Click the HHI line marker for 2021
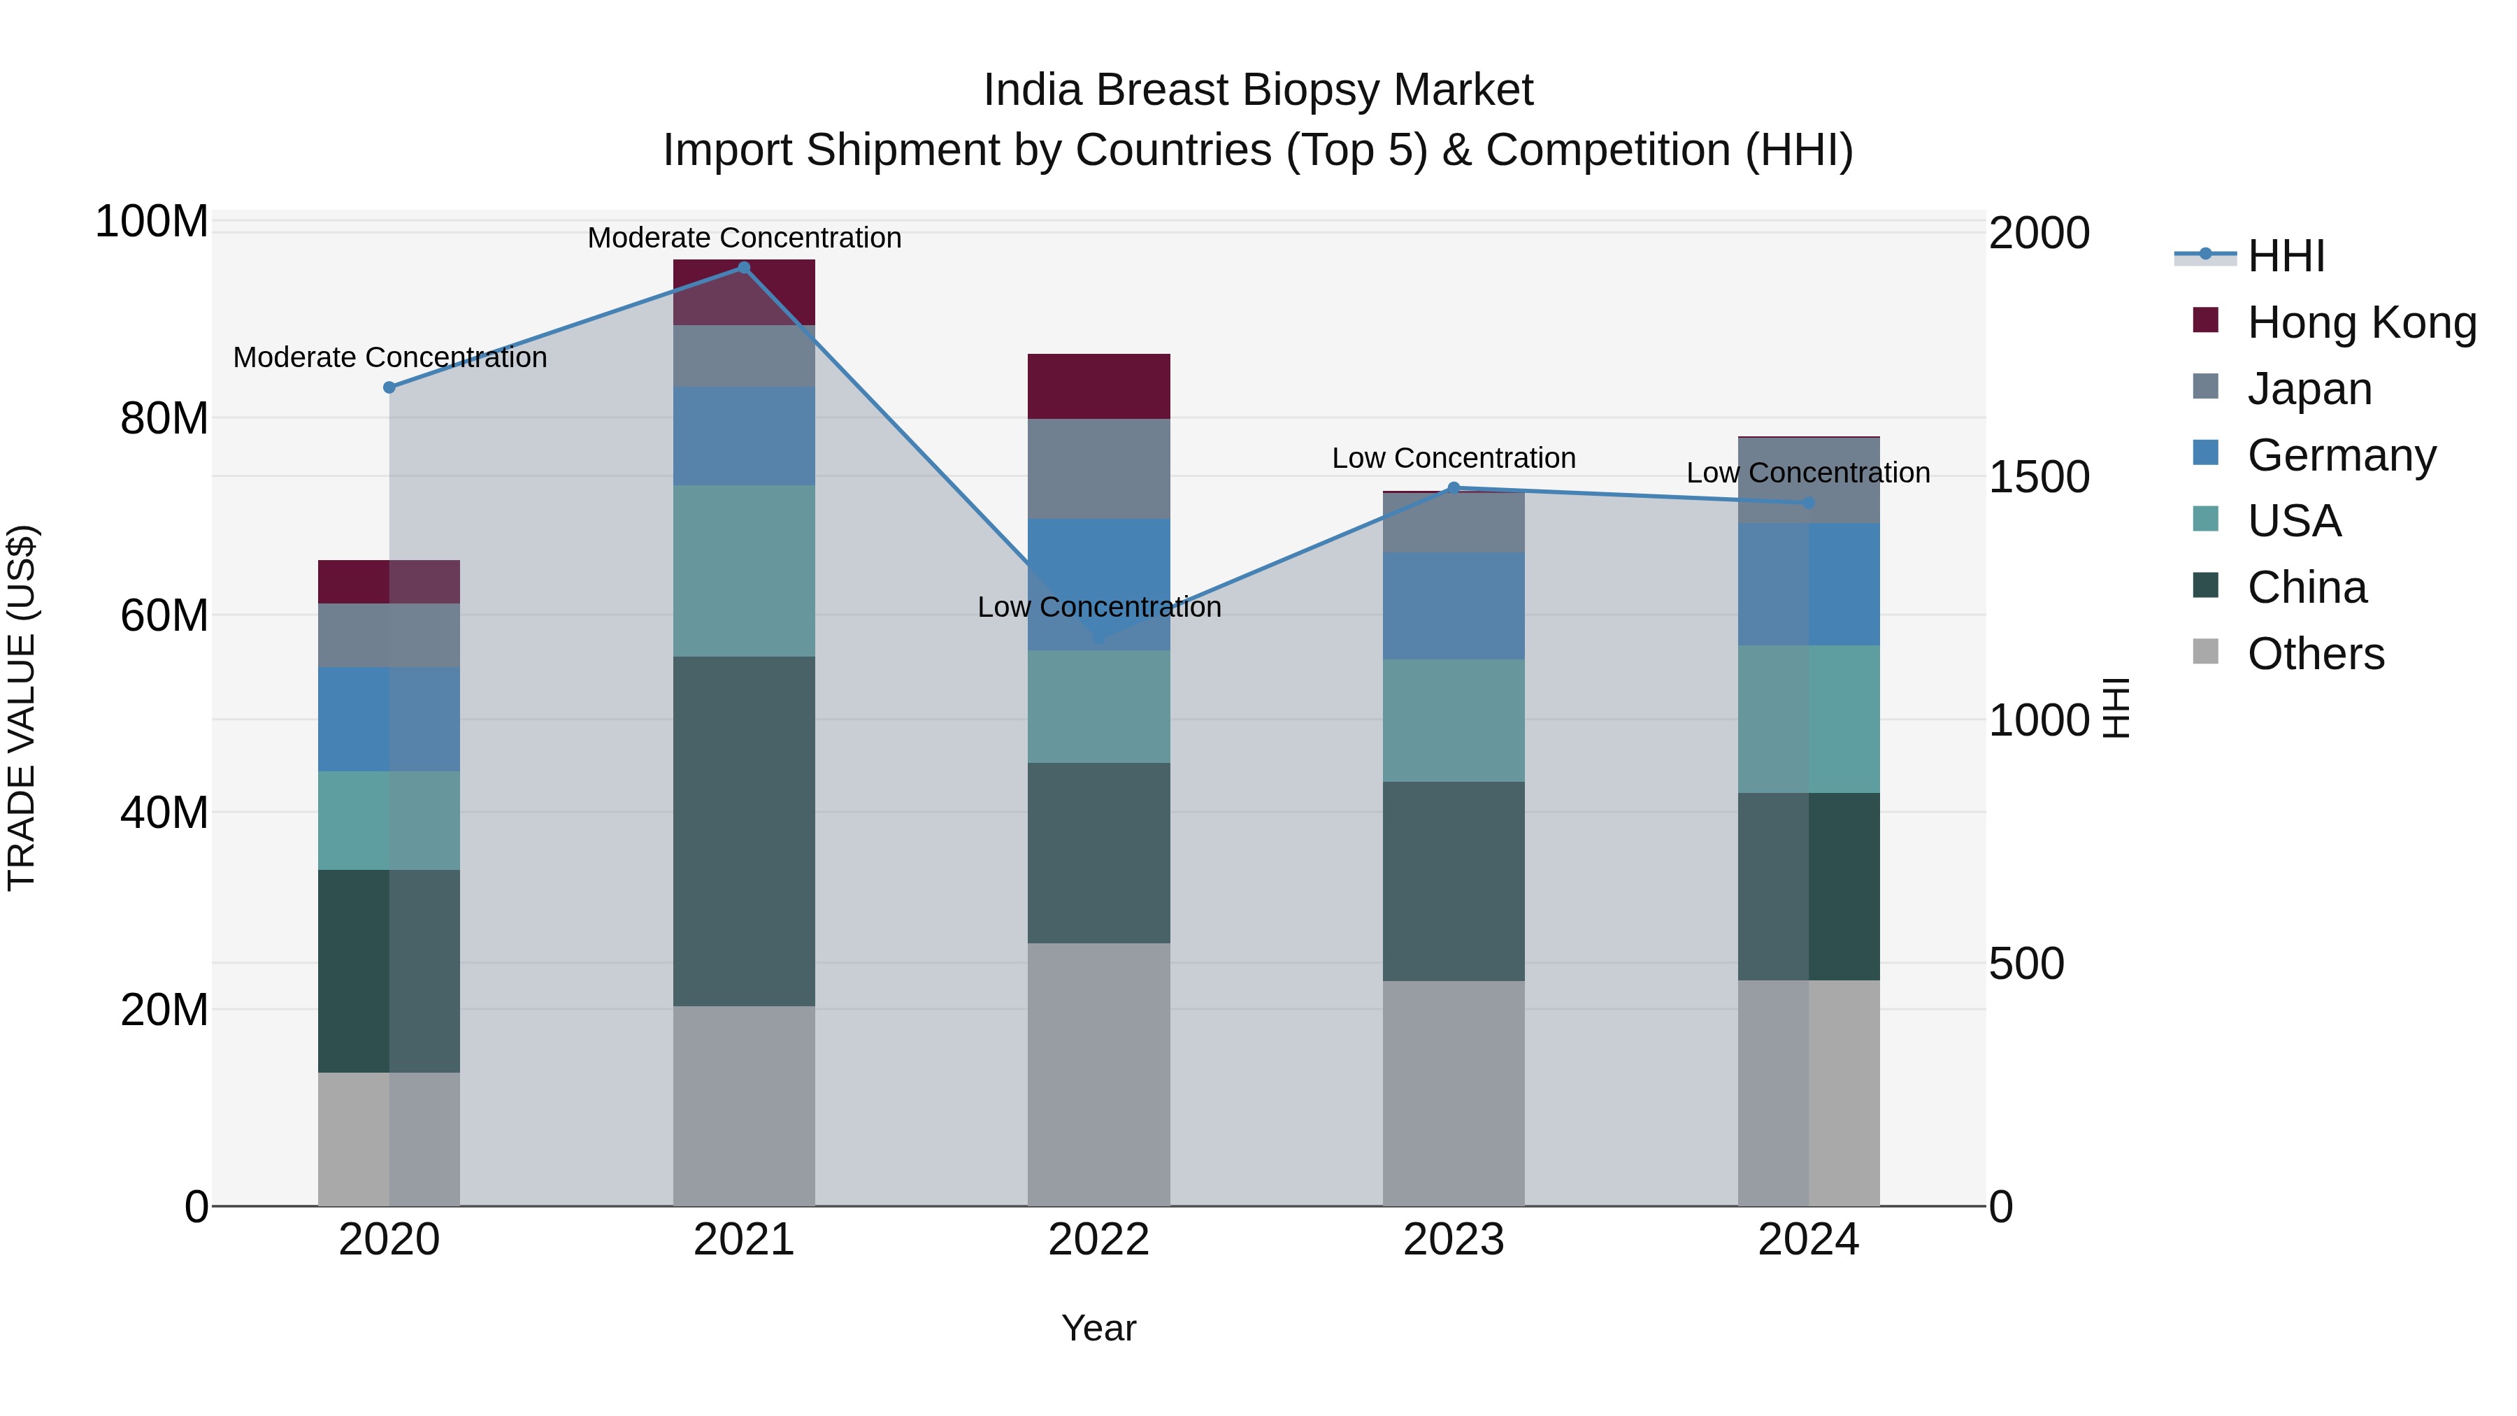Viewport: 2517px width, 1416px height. (744, 268)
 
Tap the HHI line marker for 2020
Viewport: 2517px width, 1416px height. (389, 388)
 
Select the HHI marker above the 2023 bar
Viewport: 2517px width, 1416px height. (1453, 487)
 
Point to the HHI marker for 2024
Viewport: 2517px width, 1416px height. (1809, 503)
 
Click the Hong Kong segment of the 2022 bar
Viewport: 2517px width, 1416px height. (1098, 387)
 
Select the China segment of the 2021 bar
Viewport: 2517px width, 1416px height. (744, 831)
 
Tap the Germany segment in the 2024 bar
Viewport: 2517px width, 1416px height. (1809, 585)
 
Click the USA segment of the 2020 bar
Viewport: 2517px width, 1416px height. (389, 821)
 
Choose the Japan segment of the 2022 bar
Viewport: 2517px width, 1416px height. (1098, 469)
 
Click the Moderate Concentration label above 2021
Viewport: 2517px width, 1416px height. (744, 238)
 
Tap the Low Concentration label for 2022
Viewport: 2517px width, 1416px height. (1098, 607)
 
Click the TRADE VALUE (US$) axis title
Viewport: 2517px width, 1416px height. (22, 708)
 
